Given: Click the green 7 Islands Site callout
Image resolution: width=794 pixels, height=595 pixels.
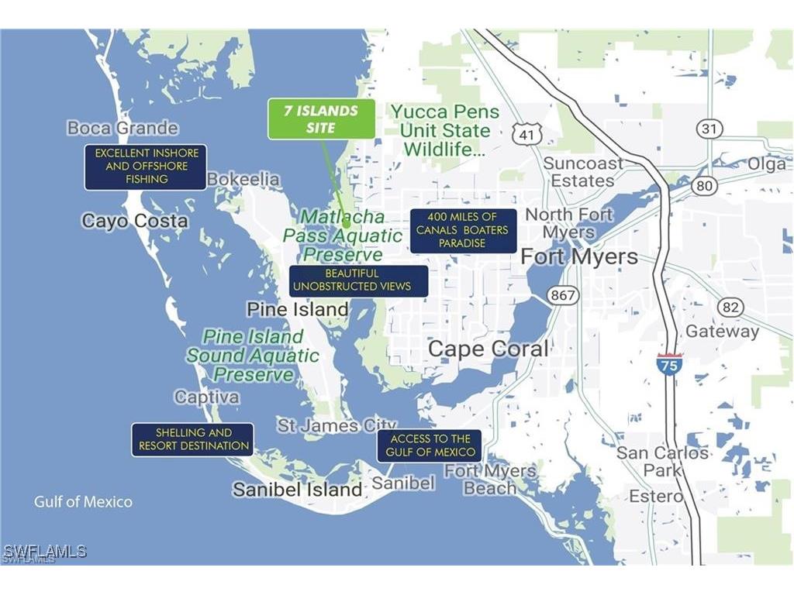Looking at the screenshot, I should pyautogui.click(x=321, y=119).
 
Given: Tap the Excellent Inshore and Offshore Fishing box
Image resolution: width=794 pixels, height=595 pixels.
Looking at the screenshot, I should pyautogui.click(x=146, y=167).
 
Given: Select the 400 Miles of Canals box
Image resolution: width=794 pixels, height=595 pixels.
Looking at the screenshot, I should pyautogui.click(x=463, y=230).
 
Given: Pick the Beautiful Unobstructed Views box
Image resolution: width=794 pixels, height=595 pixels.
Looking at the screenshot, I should pyautogui.click(x=358, y=280).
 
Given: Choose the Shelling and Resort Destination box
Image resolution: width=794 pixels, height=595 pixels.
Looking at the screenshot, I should pyautogui.click(x=192, y=439).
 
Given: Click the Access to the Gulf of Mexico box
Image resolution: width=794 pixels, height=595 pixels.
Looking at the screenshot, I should pyautogui.click(x=430, y=445).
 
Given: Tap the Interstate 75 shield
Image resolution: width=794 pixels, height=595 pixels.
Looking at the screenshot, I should pyautogui.click(x=669, y=363).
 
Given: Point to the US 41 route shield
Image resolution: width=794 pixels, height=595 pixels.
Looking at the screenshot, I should pyautogui.click(x=525, y=133).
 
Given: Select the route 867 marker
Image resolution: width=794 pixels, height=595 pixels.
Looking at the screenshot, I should pyautogui.click(x=562, y=295).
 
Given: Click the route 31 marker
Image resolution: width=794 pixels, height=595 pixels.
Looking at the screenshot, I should pyautogui.click(x=708, y=129).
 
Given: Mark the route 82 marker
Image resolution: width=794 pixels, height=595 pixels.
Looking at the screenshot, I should pyautogui.click(x=730, y=307).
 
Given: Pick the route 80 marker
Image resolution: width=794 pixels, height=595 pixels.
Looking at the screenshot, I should pyautogui.click(x=704, y=185).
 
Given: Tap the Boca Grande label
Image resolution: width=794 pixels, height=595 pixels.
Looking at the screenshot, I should pyautogui.click(x=123, y=128).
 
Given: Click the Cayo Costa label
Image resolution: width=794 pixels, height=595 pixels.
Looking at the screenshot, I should pyautogui.click(x=135, y=221).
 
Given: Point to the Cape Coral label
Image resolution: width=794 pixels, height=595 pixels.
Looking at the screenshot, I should pyautogui.click(x=488, y=349).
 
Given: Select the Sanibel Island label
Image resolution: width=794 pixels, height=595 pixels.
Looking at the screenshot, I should pyautogui.click(x=298, y=490).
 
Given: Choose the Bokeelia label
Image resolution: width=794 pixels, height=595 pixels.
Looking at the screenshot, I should pyautogui.click(x=243, y=179).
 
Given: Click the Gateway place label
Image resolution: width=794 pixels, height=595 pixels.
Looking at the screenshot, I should pyautogui.click(x=723, y=332).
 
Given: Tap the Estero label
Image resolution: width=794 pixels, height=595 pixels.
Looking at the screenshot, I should pyautogui.click(x=656, y=496).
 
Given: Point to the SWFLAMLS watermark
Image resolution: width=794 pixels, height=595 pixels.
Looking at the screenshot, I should pyautogui.click(x=44, y=552).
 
